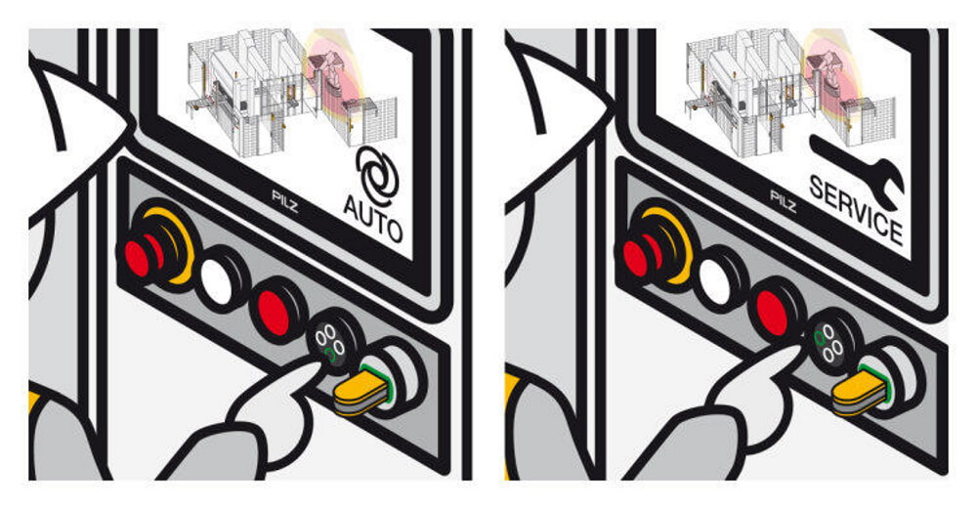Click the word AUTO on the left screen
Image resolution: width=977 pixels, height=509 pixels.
[x=373, y=219]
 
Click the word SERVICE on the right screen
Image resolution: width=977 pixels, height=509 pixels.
[x=856, y=209]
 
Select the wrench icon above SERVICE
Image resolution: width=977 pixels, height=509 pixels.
[x=859, y=168]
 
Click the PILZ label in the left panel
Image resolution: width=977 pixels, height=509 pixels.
[x=285, y=200]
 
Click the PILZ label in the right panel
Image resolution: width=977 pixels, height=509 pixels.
[x=784, y=200]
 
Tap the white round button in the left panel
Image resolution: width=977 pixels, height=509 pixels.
[x=218, y=280]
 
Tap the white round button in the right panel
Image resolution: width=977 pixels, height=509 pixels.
[x=716, y=280]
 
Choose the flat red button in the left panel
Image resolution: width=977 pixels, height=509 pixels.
[x=276, y=312]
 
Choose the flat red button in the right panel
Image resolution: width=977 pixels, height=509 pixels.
[x=774, y=312]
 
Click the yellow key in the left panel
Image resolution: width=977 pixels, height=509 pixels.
[x=361, y=390]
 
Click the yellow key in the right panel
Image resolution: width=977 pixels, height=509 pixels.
[x=859, y=390]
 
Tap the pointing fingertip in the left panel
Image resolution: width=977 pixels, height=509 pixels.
[x=313, y=369]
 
